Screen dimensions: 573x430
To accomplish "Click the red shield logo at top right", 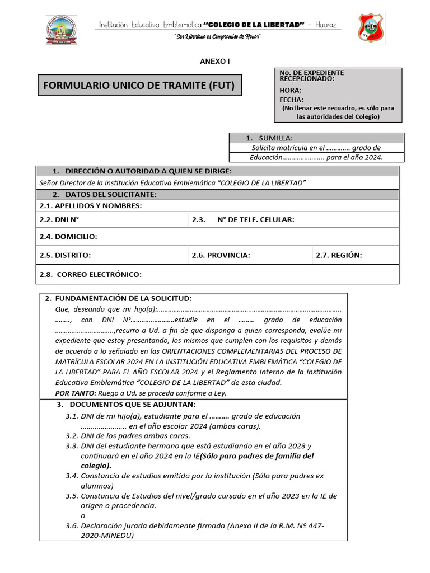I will (371, 29).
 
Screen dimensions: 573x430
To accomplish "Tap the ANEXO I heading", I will (214, 62).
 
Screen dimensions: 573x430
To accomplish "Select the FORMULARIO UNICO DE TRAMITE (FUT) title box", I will (139, 86).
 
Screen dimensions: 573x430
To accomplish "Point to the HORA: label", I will (291, 90).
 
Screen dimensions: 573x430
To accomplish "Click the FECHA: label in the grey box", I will (292, 100).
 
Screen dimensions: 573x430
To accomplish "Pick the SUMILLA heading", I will (275, 138).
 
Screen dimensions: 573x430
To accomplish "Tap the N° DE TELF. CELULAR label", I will (255, 220).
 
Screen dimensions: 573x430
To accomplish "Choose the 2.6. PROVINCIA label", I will (221, 255).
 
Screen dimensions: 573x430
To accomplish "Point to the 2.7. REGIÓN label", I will (339, 255).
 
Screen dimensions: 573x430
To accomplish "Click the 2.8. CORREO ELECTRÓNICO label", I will (91, 274).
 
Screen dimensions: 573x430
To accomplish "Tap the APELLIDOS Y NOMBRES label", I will (91, 206).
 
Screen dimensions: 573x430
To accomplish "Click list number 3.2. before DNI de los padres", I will (71, 435).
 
